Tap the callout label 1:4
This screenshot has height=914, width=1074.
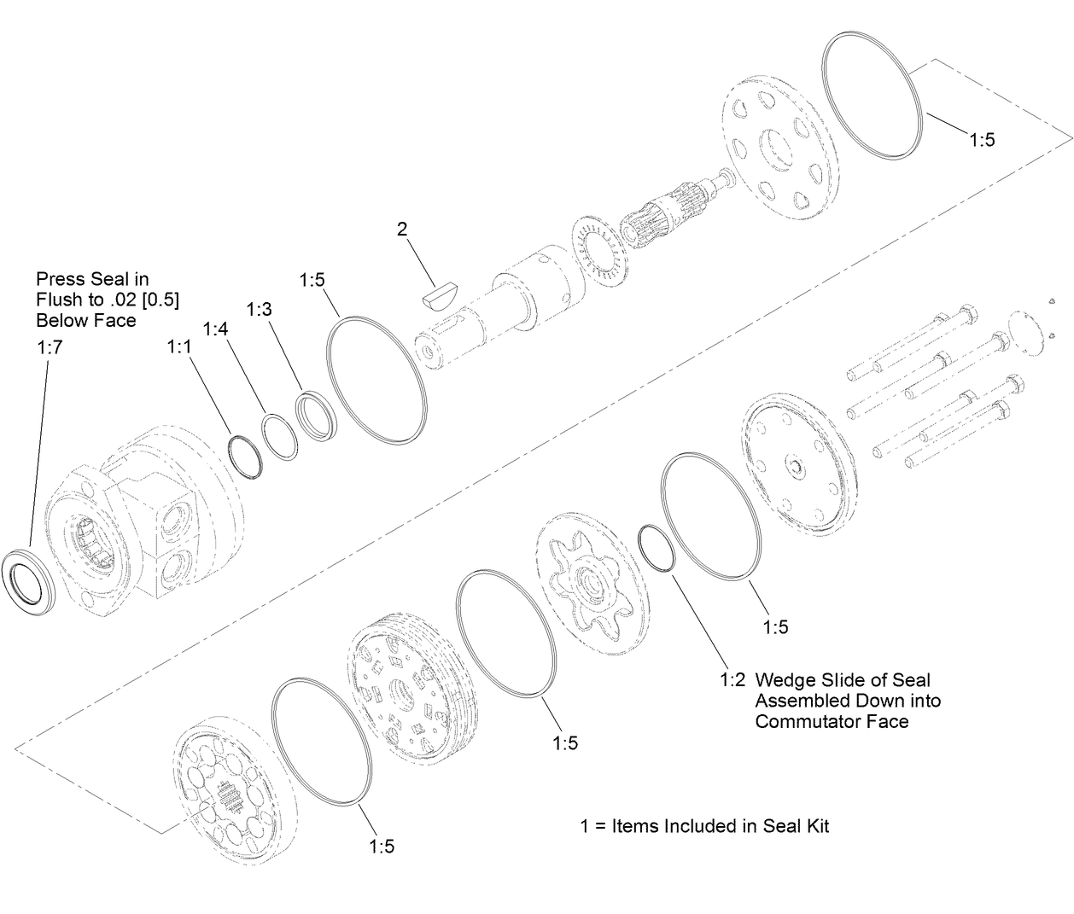(x=216, y=329)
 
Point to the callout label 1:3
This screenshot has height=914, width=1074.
(x=259, y=309)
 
